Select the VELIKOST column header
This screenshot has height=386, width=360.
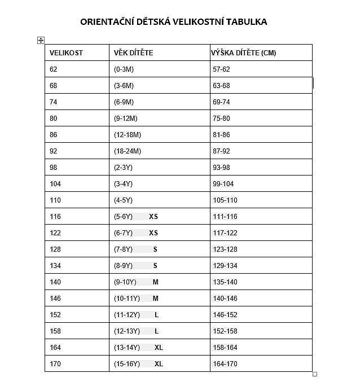(66, 53)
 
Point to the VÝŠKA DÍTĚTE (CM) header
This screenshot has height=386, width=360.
(244, 53)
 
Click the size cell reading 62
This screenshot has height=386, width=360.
(54, 69)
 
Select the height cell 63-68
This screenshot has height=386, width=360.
(221, 86)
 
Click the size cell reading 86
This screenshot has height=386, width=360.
(54, 135)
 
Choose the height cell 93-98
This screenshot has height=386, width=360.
(221, 168)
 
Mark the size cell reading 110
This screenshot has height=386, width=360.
(55, 200)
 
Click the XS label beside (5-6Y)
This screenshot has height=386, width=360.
(153, 217)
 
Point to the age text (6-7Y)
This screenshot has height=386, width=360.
(123, 233)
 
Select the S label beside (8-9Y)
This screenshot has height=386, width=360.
(155, 266)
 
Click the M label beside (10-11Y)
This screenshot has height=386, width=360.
(156, 299)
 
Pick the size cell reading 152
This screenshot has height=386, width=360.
(55, 315)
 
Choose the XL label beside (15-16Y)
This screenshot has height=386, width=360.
(159, 364)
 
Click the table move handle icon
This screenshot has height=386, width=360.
(41, 40)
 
